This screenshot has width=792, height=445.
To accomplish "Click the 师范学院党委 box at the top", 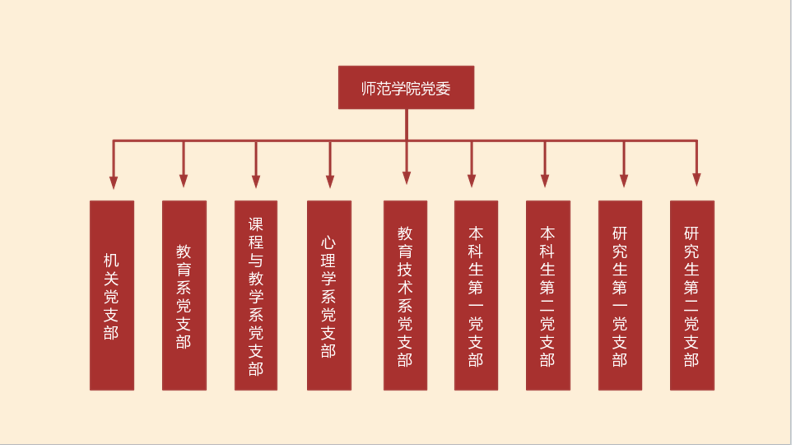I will tap(405, 88).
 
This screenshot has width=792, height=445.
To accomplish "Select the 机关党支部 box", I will tap(112, 295).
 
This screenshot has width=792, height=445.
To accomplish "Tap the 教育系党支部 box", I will tap(184, 295).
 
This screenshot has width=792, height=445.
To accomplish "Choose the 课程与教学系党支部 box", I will tap(256, 295).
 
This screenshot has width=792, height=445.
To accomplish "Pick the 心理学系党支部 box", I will tap(329, 295).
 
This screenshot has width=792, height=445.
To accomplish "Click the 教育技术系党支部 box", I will tap(405, 295).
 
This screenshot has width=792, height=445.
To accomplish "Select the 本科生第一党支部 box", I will tap(476, 295).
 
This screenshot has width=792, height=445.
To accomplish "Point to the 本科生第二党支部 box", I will tap(548, 295).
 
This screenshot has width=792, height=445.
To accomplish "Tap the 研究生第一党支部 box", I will tap(620, 295).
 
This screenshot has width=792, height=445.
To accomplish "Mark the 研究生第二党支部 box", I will tap(692, 295).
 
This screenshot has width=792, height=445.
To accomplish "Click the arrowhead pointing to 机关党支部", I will tap(113, 182).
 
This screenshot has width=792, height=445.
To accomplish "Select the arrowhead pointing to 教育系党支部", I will tap(183, 181).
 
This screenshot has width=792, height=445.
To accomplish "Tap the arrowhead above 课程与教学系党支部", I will tap(256, 181).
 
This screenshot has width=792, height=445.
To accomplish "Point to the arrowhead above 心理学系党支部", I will tap(329, 181).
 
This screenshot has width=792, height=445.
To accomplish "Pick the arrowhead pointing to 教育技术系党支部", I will tap(406, 179).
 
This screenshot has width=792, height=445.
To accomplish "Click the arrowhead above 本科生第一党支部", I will tap(472, 181).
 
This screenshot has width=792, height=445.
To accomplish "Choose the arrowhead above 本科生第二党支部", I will tap(545, 181).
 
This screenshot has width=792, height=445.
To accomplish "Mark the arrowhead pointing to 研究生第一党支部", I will tap(624, 181).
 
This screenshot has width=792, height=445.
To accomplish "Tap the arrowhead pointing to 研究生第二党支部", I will tap(696, 179).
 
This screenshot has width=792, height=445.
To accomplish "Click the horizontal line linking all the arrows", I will tap(300, 140).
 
